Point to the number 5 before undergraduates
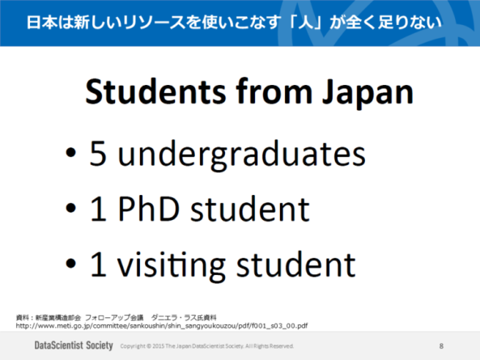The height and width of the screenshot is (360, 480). pyautogui.click(x=98, y=155)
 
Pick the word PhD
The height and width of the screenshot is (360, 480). pyautogui.click(x=145, y=210)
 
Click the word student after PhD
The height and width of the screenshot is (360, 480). pyautogui.click(x=247, y=210)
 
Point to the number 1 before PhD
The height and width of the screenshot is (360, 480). pyautogui.click(x=99, y=210)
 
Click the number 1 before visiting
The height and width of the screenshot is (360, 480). pyautogui.click(x=99, y=264)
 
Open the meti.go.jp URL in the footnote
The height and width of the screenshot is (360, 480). pyautogui.click(x=162, y=325)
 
